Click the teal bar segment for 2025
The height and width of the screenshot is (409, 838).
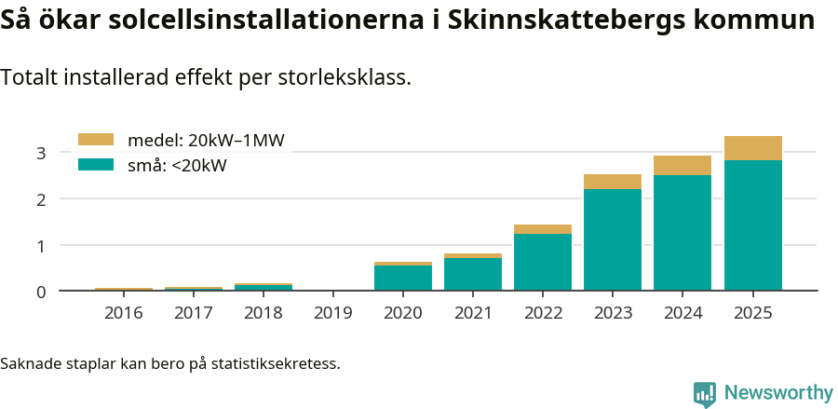click(x=752, y=225)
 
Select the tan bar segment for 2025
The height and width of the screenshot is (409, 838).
click(x=752, y=148)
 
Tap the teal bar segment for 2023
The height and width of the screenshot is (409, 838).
click(x=613, y=239)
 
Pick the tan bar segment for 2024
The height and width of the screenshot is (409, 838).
click(x=683, y=166)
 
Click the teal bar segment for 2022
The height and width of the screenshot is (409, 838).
click(x=543, y=262)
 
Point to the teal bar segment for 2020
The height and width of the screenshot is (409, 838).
click(x=403, y=278)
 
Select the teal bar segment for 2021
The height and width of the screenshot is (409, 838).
click(x=473, y=274)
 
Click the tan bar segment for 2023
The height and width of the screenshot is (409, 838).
click(x=613, y=182)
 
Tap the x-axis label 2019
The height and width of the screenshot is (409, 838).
click(x=333, y=313)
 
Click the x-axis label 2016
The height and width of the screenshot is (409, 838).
click(x=124, y=313)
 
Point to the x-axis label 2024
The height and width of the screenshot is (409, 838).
click(x=683, y=313)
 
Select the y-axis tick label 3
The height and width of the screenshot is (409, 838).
click(x=41, y=153)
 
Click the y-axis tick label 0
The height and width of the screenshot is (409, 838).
click(x=41, y=292)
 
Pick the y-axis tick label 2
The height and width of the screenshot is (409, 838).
click(x=41, y=199)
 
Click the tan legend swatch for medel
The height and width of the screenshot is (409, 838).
click(x=95, y=140)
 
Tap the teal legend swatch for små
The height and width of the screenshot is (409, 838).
click(x=95, y=165)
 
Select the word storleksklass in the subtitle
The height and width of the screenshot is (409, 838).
click(x=345, y=78)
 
